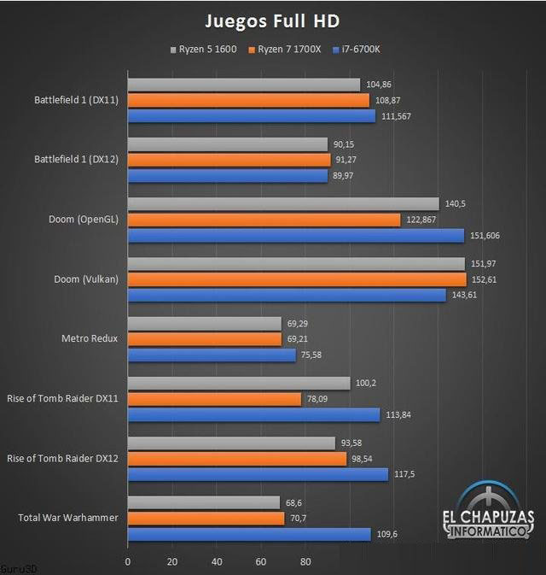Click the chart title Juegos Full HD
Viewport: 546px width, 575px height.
[x=273, y=20]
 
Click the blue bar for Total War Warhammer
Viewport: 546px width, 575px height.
[x=249, y=534]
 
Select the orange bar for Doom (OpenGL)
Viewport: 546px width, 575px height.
[x=264, y=220]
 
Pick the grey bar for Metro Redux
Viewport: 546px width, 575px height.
[x=204, y=324]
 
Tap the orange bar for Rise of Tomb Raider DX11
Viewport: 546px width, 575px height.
[x=214, y=399]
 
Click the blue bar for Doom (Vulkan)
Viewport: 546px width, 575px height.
[x=287, y=295]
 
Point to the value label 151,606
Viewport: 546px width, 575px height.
[x=488, y=235]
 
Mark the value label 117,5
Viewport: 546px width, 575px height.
[x=405, y=474]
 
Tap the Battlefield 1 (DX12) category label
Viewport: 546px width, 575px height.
[x=77, y=159]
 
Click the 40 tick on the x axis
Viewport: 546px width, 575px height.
[x=217, y=561]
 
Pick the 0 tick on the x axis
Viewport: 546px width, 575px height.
[x=128, y=561]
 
